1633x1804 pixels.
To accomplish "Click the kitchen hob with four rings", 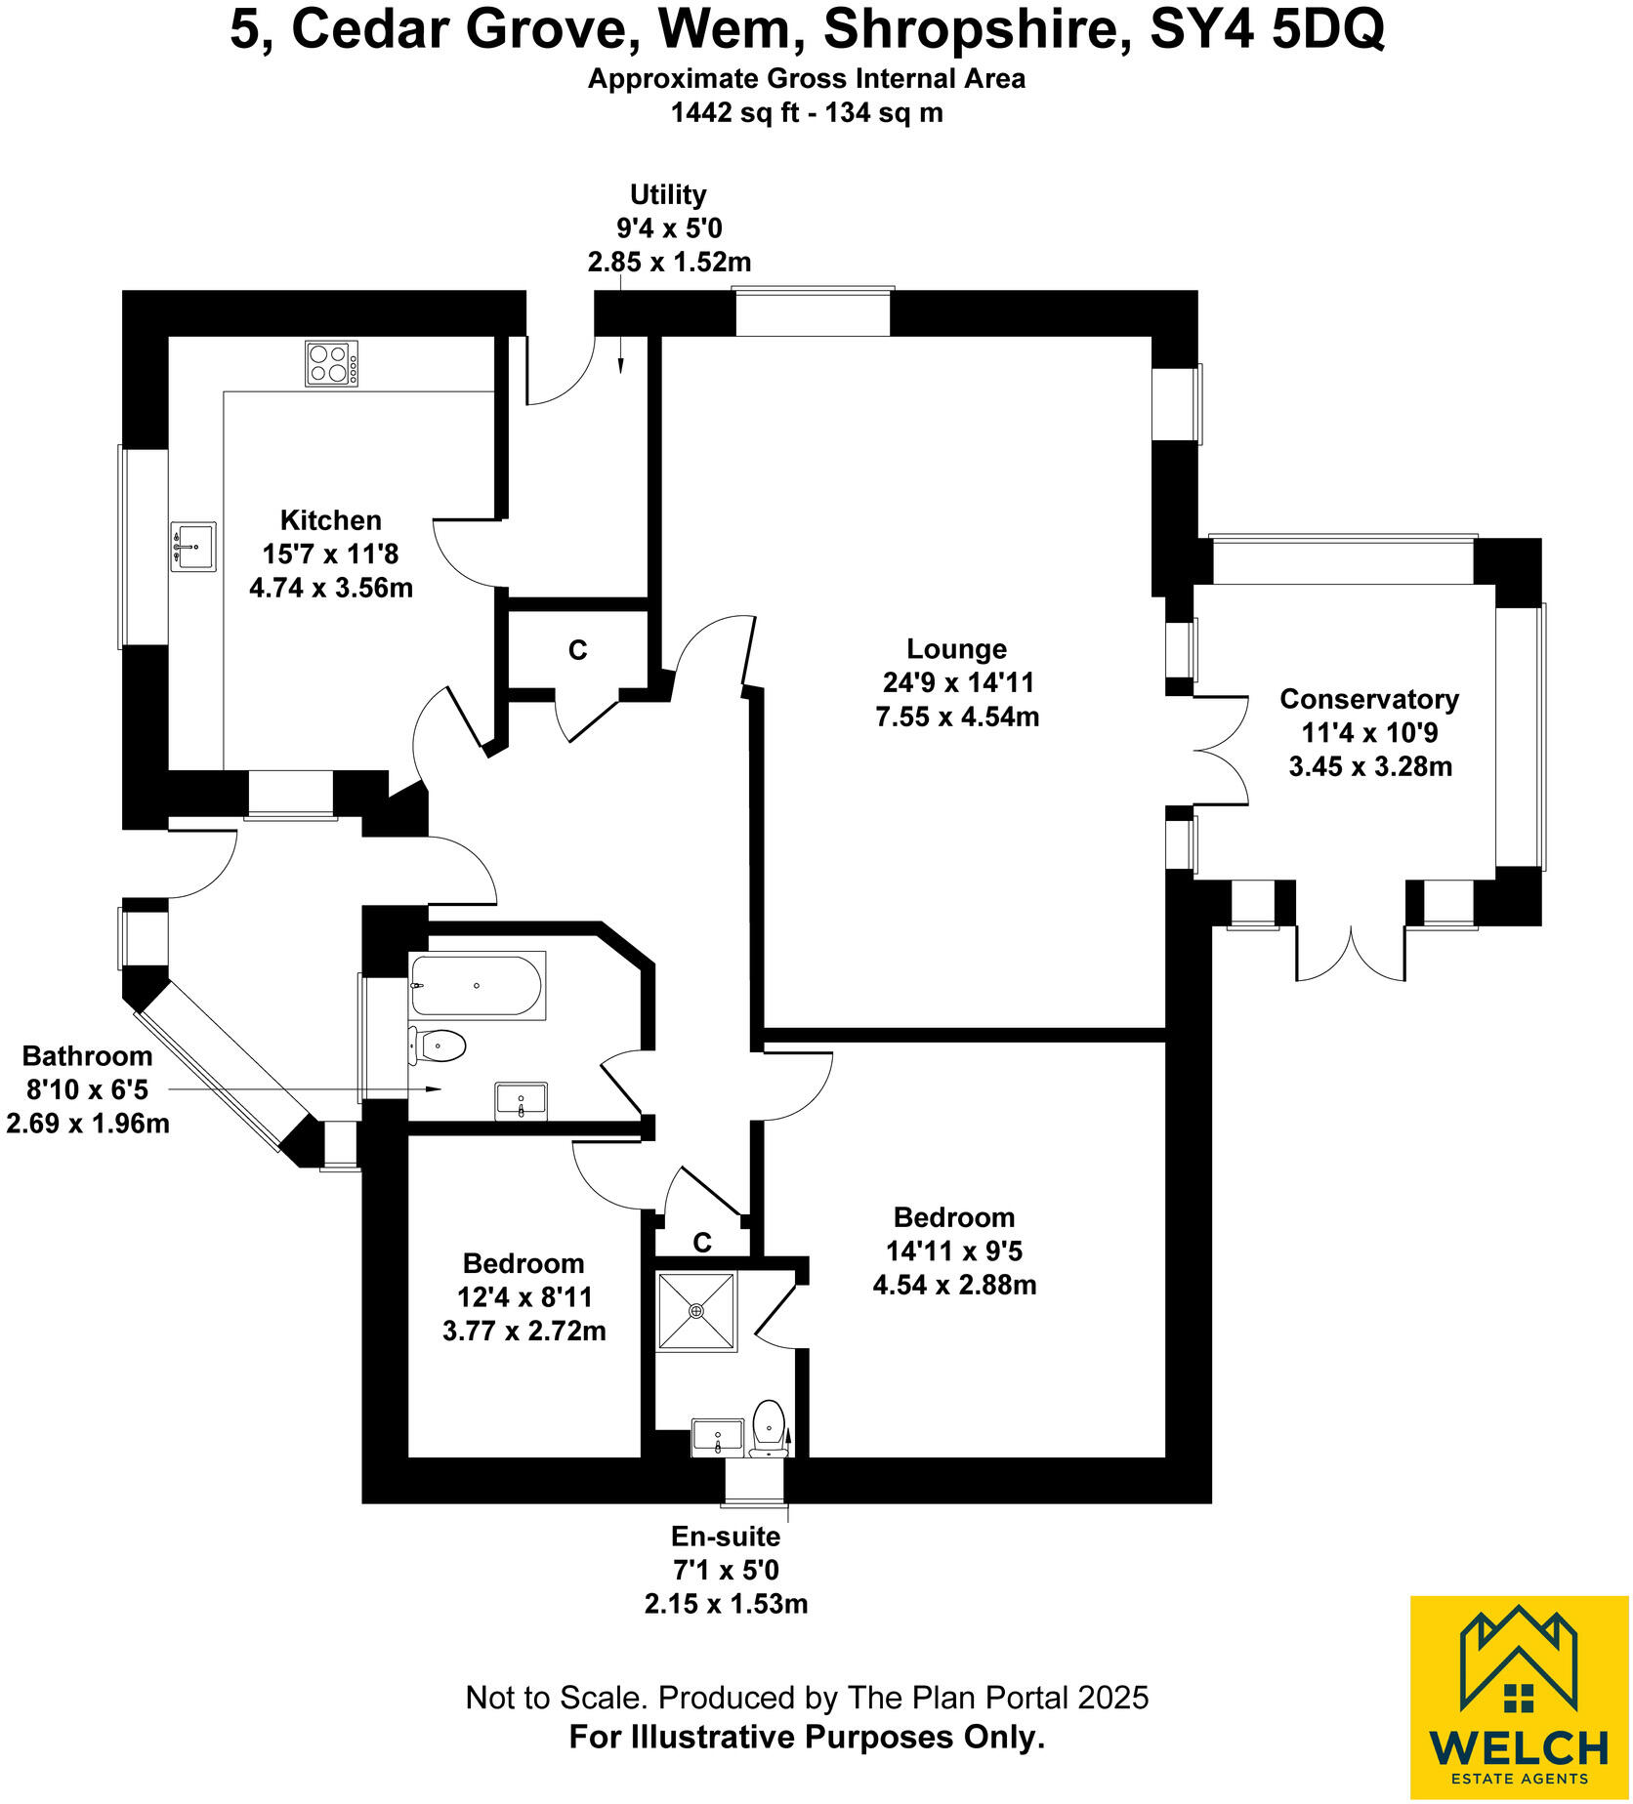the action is click(331, 363).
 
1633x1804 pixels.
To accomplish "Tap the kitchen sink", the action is click(193, 547).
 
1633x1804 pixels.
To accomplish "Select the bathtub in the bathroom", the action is click(476, 985).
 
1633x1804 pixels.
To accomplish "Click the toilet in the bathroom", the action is click(438, 1046).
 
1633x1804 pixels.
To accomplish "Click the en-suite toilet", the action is click(770, 1427).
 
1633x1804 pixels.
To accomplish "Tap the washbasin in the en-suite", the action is click(718, 1437).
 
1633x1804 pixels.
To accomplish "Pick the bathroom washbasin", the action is click(522, 1101).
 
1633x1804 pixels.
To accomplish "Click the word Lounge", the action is click(956, 649).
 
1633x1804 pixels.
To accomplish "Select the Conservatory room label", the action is click(1369, 699).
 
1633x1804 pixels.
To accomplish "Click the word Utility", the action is click(668, 195).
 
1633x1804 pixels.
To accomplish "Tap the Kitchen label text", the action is click(331, 520).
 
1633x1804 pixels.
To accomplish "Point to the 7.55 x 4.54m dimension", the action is click(957, 717).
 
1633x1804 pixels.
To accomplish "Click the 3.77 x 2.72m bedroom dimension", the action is click(524, 1331).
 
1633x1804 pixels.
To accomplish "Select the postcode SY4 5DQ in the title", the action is click(1267, 31).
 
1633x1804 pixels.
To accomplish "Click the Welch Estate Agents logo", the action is click(1519, 1698).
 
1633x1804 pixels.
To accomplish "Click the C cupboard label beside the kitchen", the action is click(578, 650).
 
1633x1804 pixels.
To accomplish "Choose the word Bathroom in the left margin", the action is click(88, 1056).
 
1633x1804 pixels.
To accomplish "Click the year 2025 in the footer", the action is click(1112, 1699).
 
